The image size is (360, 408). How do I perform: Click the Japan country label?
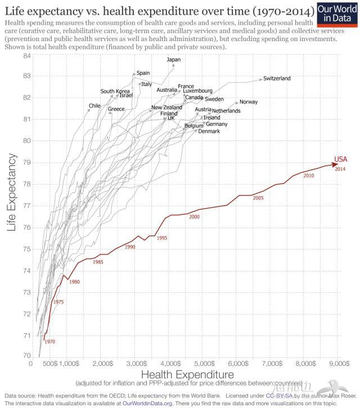[x=174, y=60]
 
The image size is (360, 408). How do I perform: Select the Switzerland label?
[x=277, y=79]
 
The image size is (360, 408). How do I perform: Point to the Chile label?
[x=94, y=106]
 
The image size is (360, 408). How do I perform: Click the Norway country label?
[x=248, y=102]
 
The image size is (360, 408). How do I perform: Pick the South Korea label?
[x=115, y=91]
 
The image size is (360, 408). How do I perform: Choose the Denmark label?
[x=209, y=131]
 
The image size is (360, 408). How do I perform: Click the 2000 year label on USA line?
[x=195, y=217]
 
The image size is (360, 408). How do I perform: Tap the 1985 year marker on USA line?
[x=98, y=262]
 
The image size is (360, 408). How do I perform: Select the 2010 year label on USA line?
[x=308, y=176]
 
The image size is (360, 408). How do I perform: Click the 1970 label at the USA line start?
[x=49, y=341]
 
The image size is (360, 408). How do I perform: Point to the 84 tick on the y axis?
[x=26, y=55]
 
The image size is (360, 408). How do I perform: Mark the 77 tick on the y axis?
[x=26, y=206]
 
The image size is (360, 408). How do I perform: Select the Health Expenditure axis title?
[x=187, y=374]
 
